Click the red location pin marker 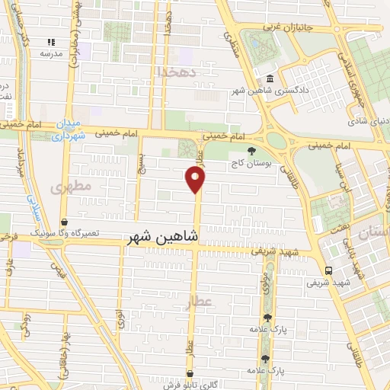(196, 180)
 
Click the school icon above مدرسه (51, 43)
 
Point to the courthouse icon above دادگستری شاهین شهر (271, 79)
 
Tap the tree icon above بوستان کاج (252, 151)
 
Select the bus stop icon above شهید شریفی (328, 270)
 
